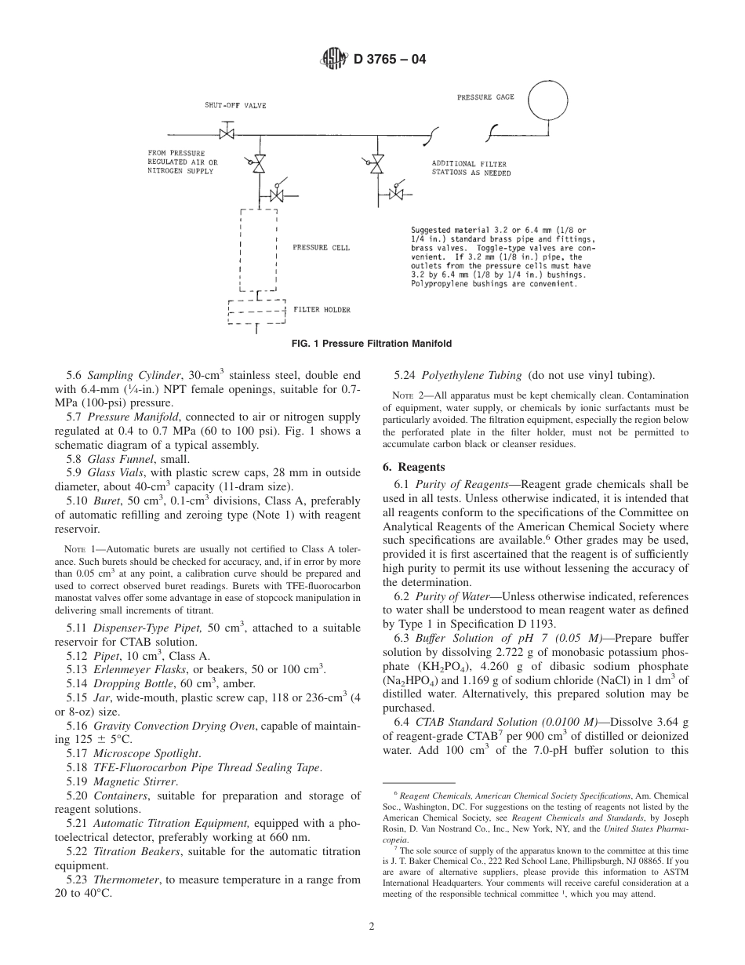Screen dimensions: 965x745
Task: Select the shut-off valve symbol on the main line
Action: tap(227, 134)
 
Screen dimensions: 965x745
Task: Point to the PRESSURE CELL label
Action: tap(321, 248)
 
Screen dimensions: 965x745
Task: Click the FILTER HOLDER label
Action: tap(322, 310)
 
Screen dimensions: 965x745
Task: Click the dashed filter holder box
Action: tap(256, 311)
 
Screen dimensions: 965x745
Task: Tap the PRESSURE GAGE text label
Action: tap(485, 97)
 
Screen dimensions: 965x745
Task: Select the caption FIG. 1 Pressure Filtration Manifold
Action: tap(372, 344)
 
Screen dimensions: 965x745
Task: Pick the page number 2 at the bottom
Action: tap(372, 926)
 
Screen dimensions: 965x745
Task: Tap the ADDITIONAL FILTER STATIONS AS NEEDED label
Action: tap(471, 169)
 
